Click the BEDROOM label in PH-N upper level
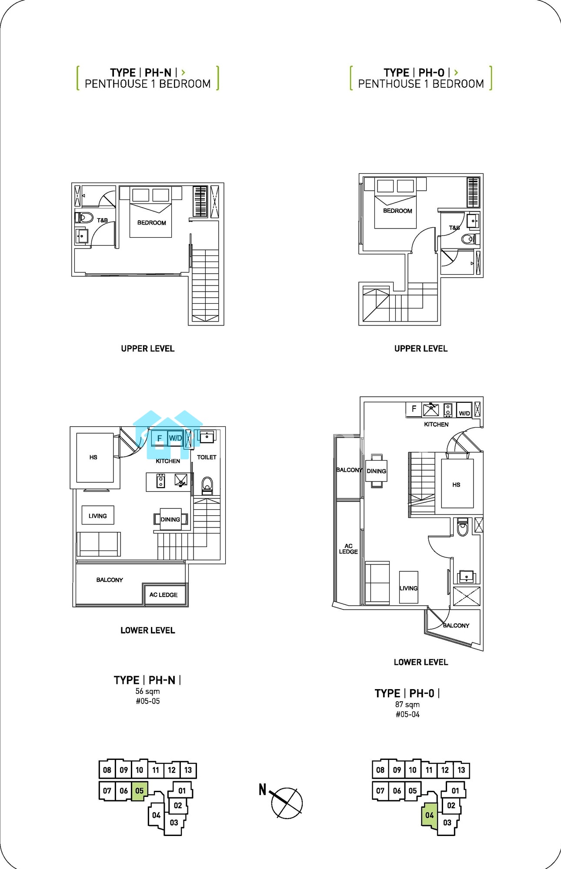point(151,223)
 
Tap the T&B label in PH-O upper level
point(454,228)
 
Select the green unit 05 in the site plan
point(140,791)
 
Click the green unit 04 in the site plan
point(429,815)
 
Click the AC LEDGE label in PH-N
point(163,595)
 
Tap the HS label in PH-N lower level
point(93,457)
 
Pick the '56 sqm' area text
point(147,691)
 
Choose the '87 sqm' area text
point(407,704)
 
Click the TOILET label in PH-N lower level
point(207,457)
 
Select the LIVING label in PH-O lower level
point(408,588)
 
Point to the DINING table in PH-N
point(170,519)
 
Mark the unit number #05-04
point(407,714)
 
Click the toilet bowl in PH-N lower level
point(207,486)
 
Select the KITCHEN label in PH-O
point(436,424)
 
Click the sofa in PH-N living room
point(99,544)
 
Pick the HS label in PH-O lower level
point(456,484)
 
